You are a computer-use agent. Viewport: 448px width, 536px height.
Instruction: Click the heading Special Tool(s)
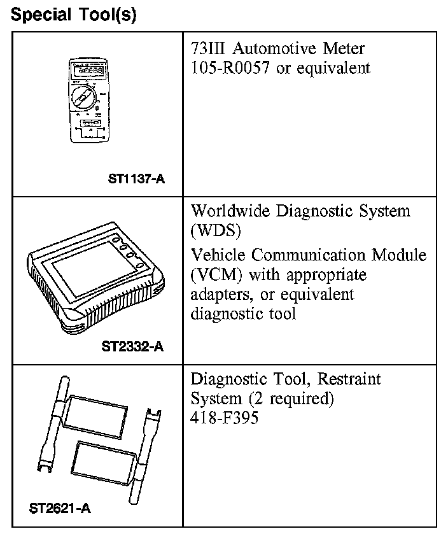tap(74, 15)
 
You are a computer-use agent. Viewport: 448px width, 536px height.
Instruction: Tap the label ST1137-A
tap(136, 179)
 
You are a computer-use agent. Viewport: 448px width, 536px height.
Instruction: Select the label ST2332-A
tap(132, 347)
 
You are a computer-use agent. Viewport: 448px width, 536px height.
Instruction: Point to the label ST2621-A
tap(60, 509)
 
